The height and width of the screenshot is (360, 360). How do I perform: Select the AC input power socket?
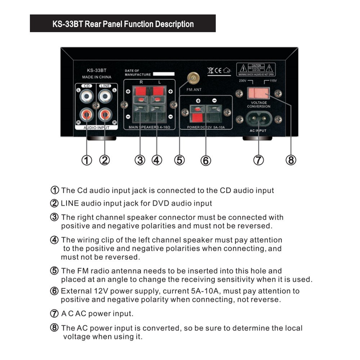coord(258,119)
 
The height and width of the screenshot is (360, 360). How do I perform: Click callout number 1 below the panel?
coord(86,160)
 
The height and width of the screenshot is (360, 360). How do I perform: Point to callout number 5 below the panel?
coord(179,160)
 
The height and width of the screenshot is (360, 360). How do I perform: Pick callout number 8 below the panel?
coord(291,160)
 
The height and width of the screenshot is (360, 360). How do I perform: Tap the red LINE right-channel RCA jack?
coord(105,115)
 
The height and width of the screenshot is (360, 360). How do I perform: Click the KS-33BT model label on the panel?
coord(96,71)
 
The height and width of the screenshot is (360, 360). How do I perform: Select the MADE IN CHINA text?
coord(96,77)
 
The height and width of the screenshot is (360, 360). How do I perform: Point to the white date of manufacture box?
coord(163,74)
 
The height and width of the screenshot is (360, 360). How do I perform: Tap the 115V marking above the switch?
coord(273,81)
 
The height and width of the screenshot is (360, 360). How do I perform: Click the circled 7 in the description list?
coord(54,314)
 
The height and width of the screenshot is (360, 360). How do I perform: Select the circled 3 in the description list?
coord(54,217)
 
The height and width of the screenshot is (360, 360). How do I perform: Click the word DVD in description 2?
coord(161,203)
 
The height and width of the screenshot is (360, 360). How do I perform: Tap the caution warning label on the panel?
coord(256,69)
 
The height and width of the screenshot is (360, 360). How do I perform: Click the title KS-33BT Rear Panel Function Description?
coord(123,24)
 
